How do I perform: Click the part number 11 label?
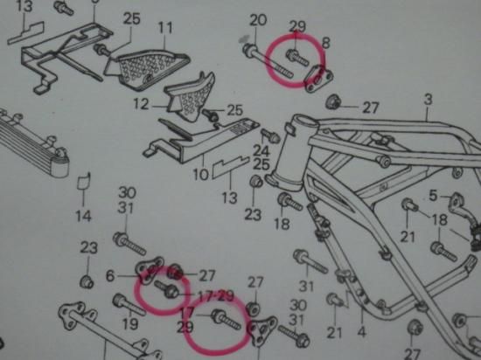[x=165, y=28]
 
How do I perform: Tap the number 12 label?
[x=142, y=104]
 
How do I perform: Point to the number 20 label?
[x=258, y=20]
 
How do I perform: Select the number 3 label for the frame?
[x=429, y=100]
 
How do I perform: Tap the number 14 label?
[x=84, y=216]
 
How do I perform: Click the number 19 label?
[x=130, y=323]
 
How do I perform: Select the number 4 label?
[x=362, y=332]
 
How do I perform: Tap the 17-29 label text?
[x=216, y=296]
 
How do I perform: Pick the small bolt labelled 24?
[x=270, y=135]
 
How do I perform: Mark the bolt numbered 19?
[x=129, y=305]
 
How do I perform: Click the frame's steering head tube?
[x=291, y=153]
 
